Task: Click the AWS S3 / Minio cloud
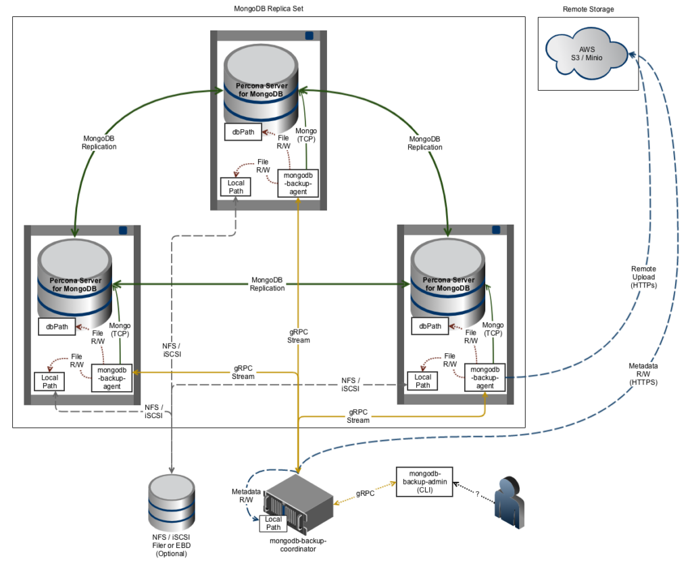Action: pyautogui.click(x=586, y=54)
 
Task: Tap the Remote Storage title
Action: pyautogui.click(x=588, y=9)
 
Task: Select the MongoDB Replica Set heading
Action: pyautogui.click(x=269, y=9)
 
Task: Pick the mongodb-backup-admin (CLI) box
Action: pyautogui.click(x=424, y=481)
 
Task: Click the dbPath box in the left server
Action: pyautogui.click(x=57, y=326)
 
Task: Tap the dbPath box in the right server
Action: pyautogui.click(x=430, y=326)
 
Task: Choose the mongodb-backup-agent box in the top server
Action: pyautogui.click(x=298, y=183)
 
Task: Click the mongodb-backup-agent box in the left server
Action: pyautogui.click(x=112, y=378)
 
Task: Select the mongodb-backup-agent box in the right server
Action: pyautogui.click(x=485, y=378)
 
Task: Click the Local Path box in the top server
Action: pyautogui.click(x=235, y=186)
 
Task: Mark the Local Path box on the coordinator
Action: pyautogui.click(x=273, y=523)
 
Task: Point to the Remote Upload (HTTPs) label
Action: pyautogui.click(x=643, y=277)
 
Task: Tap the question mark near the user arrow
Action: pyautogui.click(x=477, y=494)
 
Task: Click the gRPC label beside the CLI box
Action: pyautogui.click(x=365, y=494)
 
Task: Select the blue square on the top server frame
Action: pyautogui.click(x=310, y=35)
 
